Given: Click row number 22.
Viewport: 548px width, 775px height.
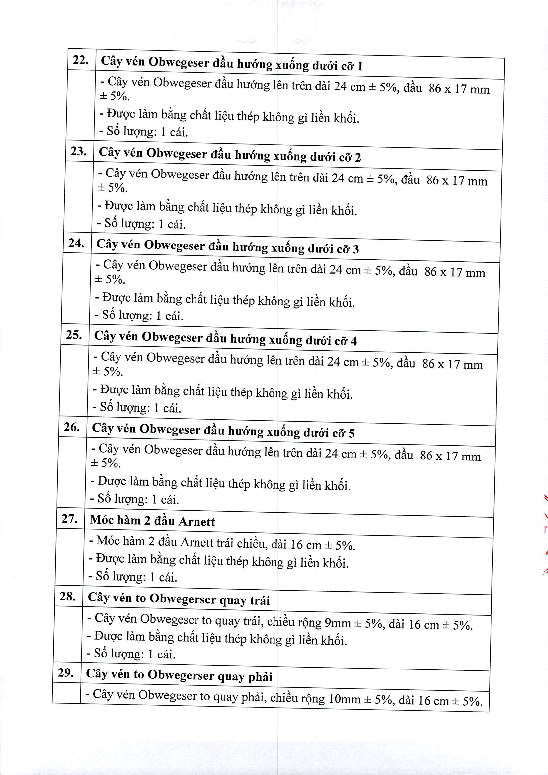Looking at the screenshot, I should [x=80, y=60].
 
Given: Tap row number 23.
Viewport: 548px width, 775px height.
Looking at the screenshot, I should [x=78, y=151].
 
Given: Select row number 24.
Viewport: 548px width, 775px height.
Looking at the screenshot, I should [x=76, y=243].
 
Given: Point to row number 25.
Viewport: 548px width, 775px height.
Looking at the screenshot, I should [x=74, y=335].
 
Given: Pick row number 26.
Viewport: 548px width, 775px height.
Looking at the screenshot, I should [x=72, y=427].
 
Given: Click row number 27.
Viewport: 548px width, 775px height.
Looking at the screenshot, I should [x=69, y=519].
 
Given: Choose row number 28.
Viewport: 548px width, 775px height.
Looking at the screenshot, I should [x=67, y=597].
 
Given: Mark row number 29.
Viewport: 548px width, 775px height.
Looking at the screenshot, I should [x=66, y=673].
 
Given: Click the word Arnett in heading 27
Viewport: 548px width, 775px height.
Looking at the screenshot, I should [x=196, y=522].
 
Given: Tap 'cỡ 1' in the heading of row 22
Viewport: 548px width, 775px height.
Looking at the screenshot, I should [x=352, y=66].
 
